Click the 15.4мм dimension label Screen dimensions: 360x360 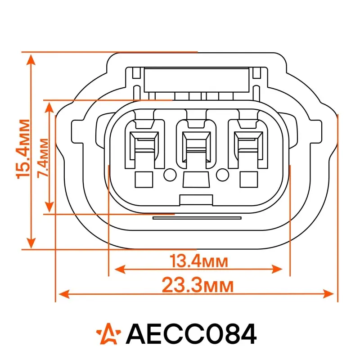[x=23, y=149]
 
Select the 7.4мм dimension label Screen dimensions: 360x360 [x=43, y=158]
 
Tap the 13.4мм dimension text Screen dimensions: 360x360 [x=199, y=261]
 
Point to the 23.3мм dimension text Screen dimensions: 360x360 [x=198, y=285]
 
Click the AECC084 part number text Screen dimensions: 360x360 [x=191, y=334]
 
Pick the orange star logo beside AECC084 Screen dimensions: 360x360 [x=108, y=334]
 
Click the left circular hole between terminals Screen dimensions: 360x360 [x=170, y=175]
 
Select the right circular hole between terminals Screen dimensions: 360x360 [x=222, y=175]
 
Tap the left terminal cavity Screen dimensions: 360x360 [x=144, y=144]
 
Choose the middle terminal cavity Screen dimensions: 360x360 [x=196, y=144]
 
